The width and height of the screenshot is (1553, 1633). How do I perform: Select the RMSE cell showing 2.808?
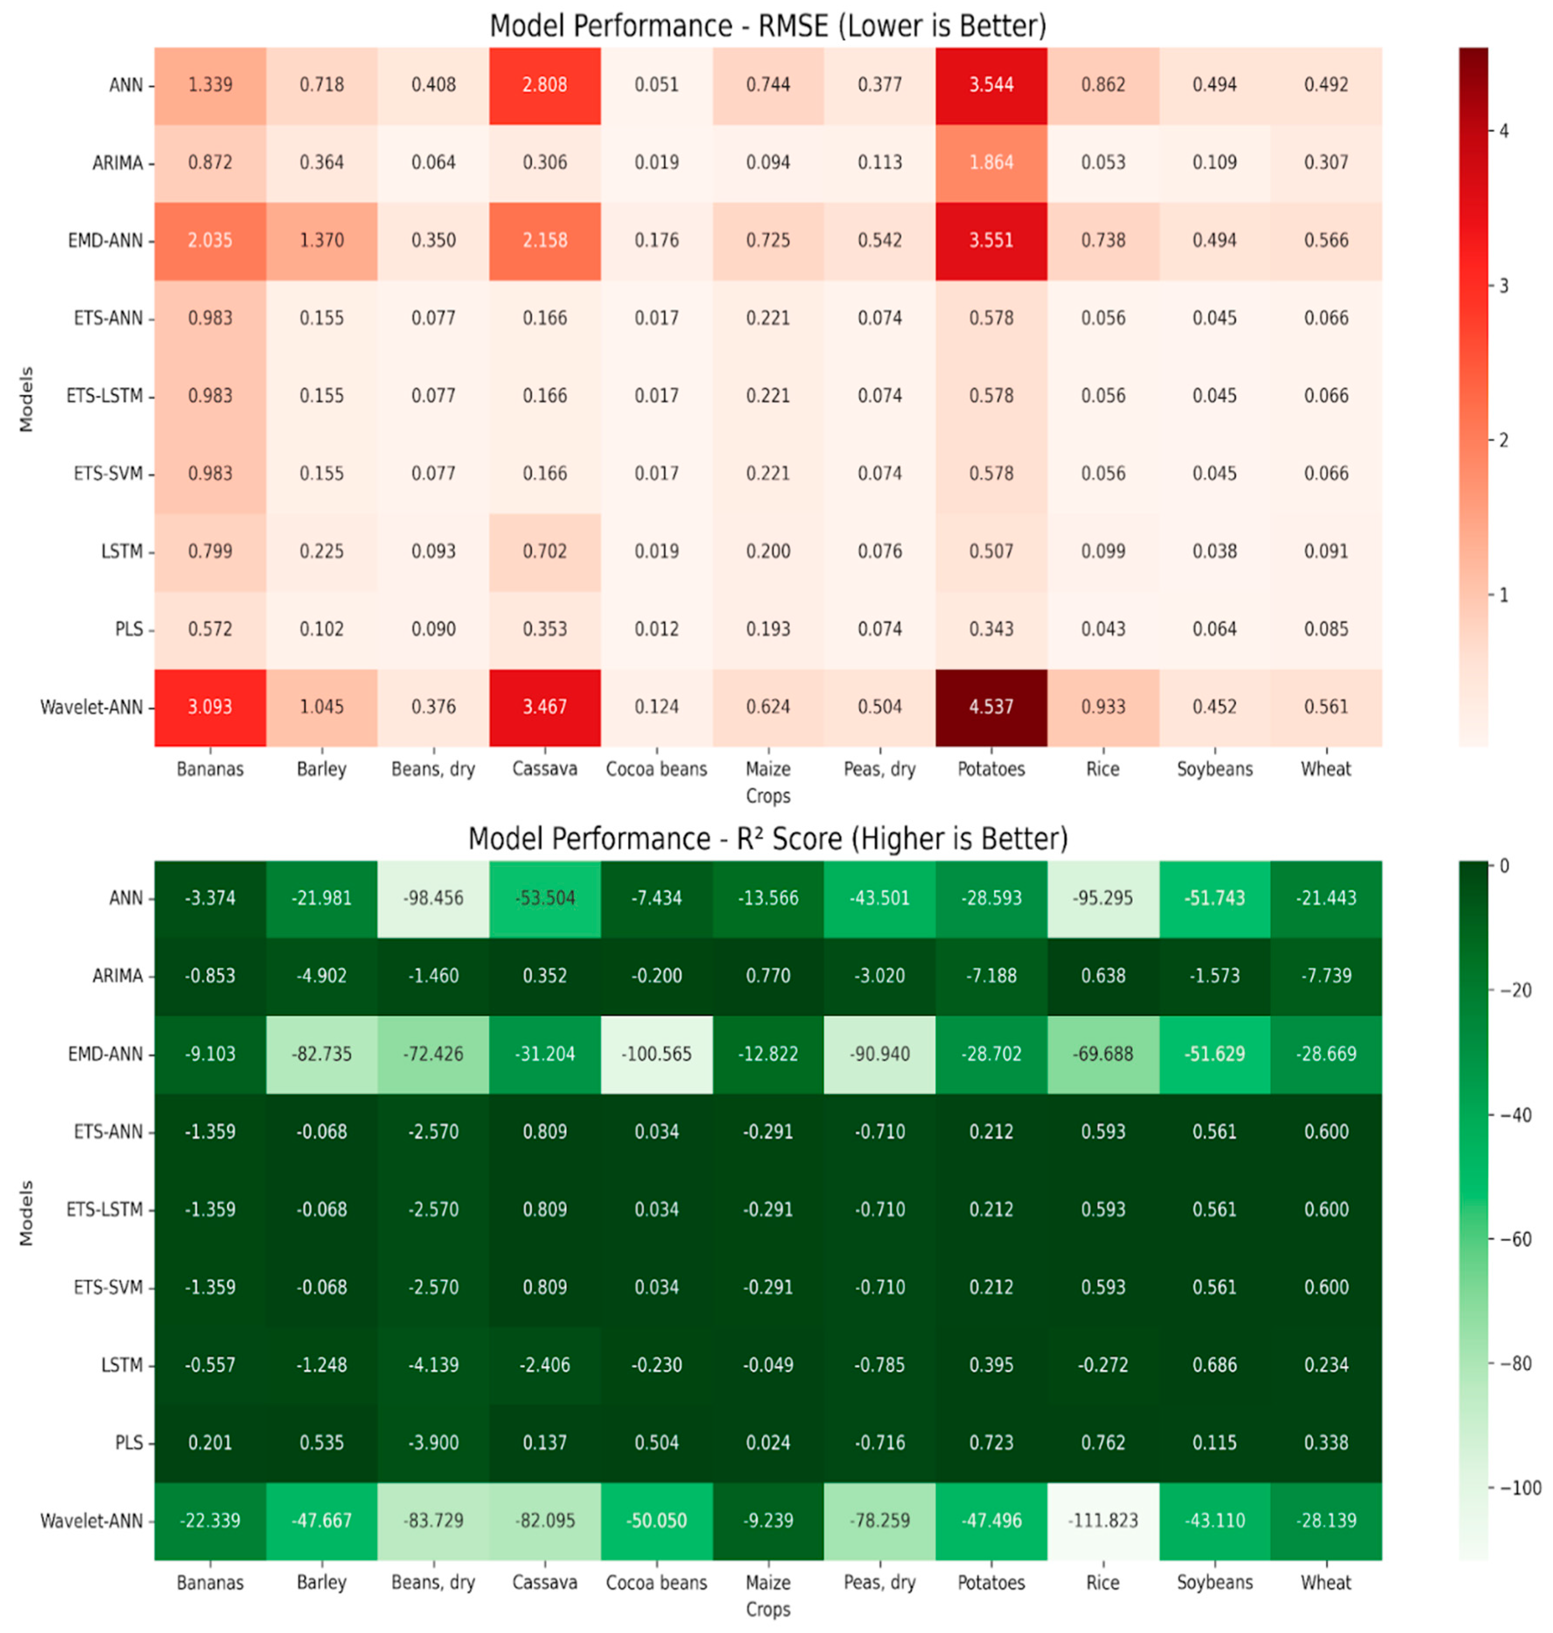[x=545, y=84]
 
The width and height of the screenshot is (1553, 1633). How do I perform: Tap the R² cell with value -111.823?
[x=1103, y=1520]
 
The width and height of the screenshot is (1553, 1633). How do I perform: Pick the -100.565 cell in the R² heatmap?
[x=657, y=1054]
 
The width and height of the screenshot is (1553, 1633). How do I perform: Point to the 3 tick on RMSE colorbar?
[x=1503, y=286]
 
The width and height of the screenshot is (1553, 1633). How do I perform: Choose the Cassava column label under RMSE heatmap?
[x=545, y=769]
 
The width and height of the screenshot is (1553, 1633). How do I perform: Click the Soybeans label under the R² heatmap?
[x=1215, y=1582]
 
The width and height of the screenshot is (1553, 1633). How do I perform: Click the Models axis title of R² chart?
[x=27, y=1213]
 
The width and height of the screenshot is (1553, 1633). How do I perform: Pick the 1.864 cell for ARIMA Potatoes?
[x=991, y=162]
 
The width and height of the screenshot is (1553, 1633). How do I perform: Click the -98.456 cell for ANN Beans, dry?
[x=433, y=898]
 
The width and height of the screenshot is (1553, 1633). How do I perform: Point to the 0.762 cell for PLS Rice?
[x=1103, y=1443]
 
